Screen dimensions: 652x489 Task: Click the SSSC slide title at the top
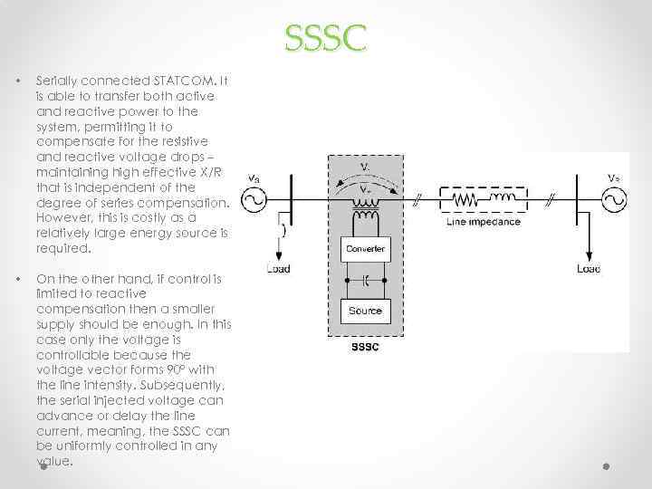tap(325, 39)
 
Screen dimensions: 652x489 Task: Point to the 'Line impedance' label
tap(484, 222)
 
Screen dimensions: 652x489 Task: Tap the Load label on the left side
tap(278, 269)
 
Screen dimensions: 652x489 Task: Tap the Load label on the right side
tap(589, 269)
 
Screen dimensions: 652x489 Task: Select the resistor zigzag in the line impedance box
tap(465, 200)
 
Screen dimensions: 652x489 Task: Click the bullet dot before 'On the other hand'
tap(16, 277)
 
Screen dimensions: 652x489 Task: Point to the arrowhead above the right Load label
tap(589, 257)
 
